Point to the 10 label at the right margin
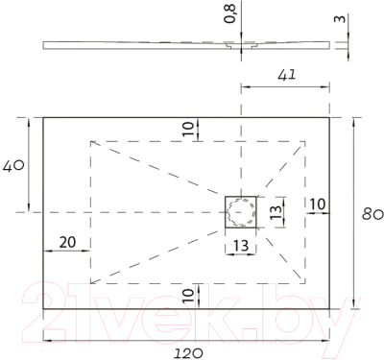pos(318,204)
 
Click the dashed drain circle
pos(242,210)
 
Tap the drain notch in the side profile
pos(230,44)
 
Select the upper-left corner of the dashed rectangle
pos(89,141)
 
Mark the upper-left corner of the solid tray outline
pos(43,117)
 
